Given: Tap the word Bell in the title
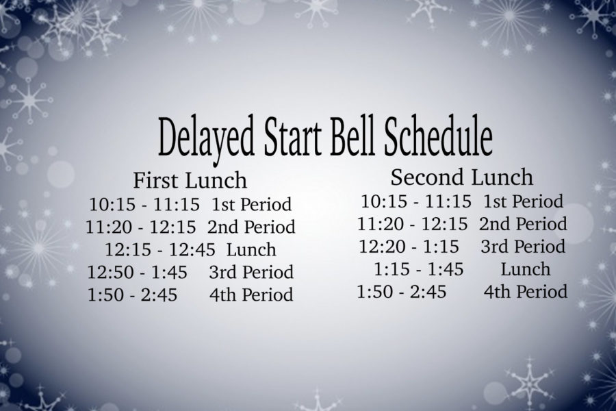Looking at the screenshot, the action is pos(350,136).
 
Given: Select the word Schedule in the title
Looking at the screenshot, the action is pos(438,136).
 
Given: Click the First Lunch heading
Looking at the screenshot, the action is pos(190,180).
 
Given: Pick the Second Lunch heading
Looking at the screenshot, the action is pos(461,177).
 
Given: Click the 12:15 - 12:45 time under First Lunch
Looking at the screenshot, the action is pos(159,250).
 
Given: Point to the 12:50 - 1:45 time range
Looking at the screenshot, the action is pos(137,272).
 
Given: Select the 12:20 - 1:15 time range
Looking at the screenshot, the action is pos(409,247).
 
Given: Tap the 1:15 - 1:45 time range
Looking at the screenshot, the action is pos(418,269).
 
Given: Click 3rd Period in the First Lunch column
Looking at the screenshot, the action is pos(251,272).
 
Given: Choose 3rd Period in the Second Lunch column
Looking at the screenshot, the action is pos(523,247).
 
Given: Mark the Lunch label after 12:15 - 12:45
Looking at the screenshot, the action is pos(251,250).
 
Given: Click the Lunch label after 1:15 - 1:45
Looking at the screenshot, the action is pos(525,269).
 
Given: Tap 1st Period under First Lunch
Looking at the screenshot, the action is pos(251,205).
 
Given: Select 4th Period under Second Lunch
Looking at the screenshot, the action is pos(525,292).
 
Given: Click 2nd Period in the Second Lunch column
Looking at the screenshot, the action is pos(523,224).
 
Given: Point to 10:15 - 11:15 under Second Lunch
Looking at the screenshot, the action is pos(415,201).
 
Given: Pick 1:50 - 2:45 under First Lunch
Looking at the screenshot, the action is pos(132,295).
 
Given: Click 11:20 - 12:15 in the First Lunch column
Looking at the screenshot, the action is pos(140,227).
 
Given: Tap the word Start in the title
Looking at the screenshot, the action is pos(290,136).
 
